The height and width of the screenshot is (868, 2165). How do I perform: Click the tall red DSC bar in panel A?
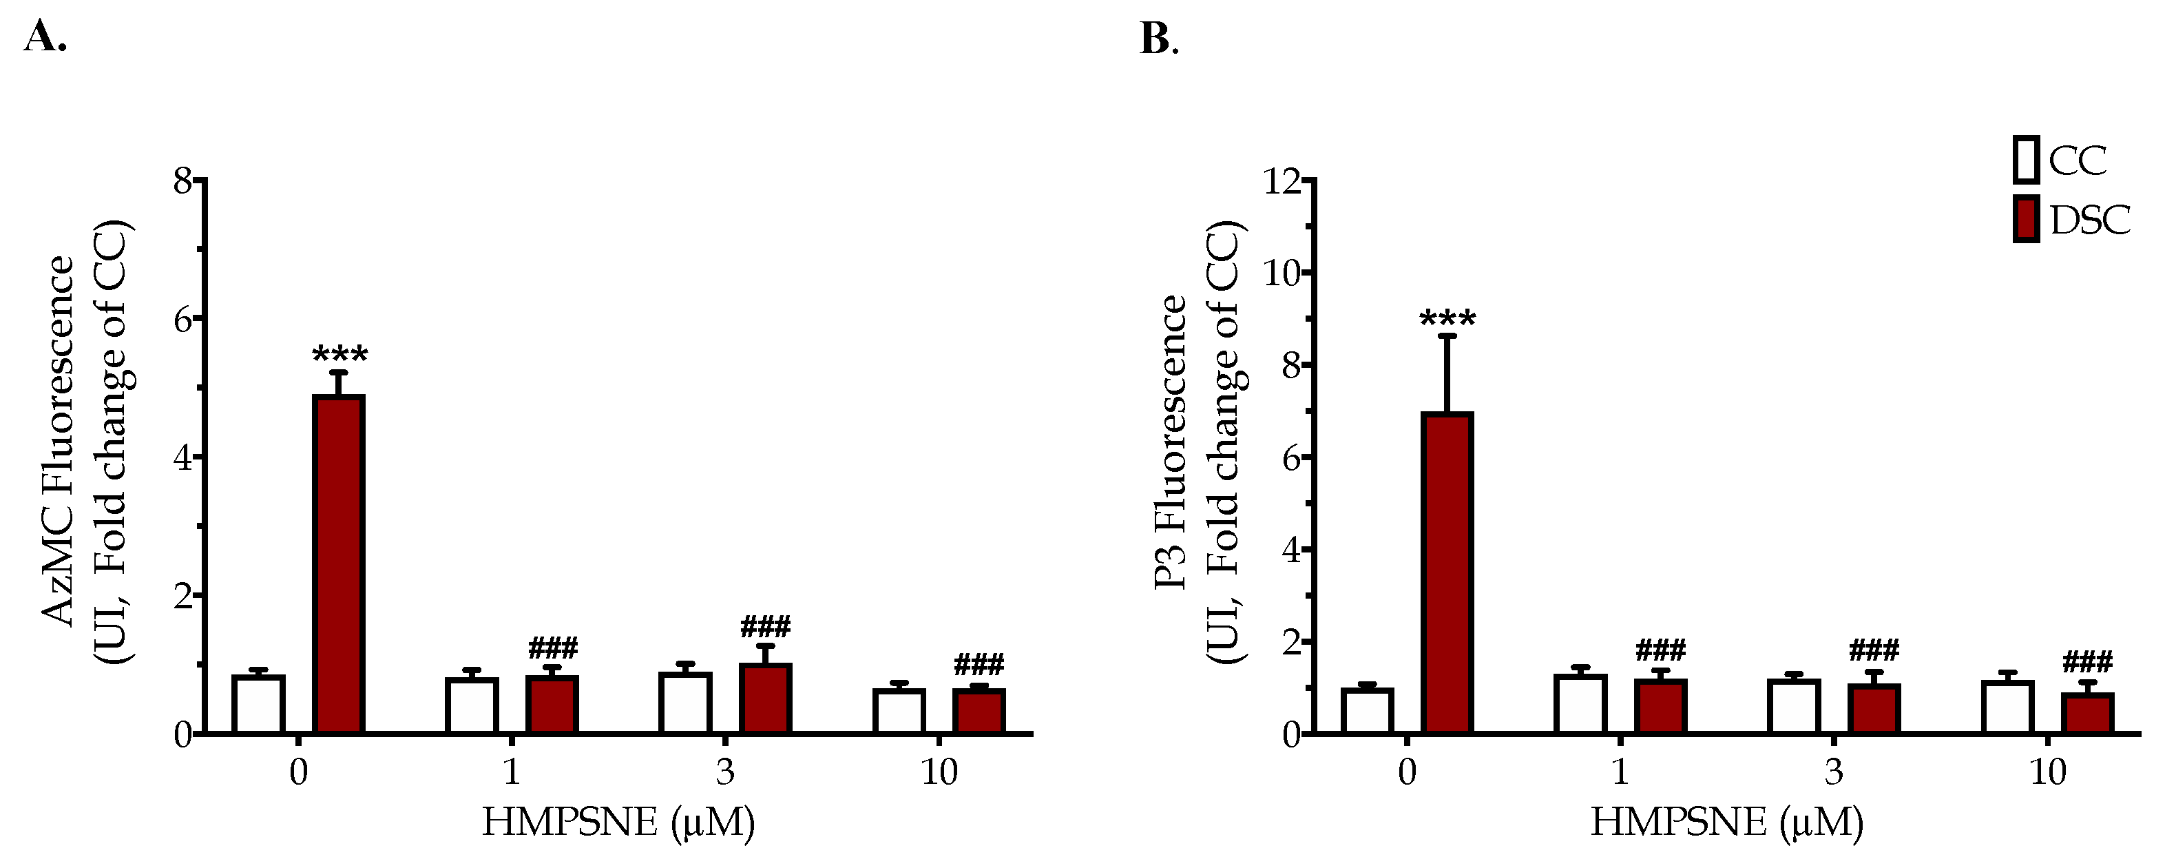pos(338,564)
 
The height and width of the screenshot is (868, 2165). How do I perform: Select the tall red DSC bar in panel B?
pos(1447,572)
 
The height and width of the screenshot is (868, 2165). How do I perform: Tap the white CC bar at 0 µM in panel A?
pos(258,704)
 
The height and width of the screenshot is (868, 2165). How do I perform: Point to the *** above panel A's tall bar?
pos(339,355)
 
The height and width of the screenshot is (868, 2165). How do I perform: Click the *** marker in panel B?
pos(1447,320)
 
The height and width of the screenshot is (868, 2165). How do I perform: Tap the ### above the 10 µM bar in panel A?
pos(979,666)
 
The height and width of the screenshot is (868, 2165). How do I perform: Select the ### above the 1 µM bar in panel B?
pos(1661,650)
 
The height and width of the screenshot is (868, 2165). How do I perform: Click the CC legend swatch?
pos(2027,160)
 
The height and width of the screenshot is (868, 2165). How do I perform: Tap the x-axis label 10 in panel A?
pos(939,772)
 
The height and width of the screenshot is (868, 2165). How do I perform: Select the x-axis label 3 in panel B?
pos(1834,772)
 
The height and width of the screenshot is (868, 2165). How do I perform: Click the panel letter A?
pos(43,37)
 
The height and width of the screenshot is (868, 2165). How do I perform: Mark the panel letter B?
pos(1158,39)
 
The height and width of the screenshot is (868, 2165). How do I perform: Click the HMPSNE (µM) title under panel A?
pos(618,822)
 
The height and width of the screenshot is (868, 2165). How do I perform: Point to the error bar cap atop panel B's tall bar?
pos(1447,336)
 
